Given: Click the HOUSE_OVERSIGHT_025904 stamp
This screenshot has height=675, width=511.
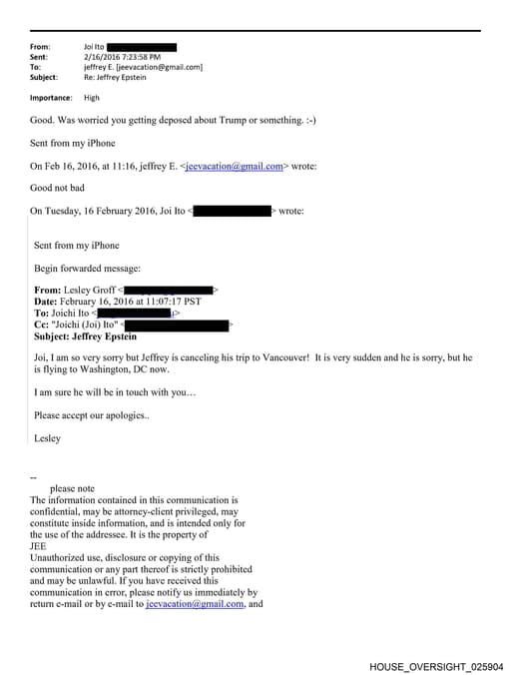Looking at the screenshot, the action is click(x=435, y=665).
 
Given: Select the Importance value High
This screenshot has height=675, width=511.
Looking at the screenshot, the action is click(x=91, y=98).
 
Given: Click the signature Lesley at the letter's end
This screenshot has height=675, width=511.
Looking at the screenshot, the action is click(x=47, y=437).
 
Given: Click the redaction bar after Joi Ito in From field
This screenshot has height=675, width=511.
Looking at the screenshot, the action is click(x=141, y=47).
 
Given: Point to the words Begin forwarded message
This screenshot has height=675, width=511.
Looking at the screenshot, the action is click(x=88, y=268).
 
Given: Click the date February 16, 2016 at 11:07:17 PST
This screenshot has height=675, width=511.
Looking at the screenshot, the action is click(x=132, y=302).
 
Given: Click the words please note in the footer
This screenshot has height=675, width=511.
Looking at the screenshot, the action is click(x=72, y=488).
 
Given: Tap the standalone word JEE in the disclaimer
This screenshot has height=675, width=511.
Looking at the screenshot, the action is click(x=39, y=546).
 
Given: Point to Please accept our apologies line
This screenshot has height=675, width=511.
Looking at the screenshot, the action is click(x=92, y=414).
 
